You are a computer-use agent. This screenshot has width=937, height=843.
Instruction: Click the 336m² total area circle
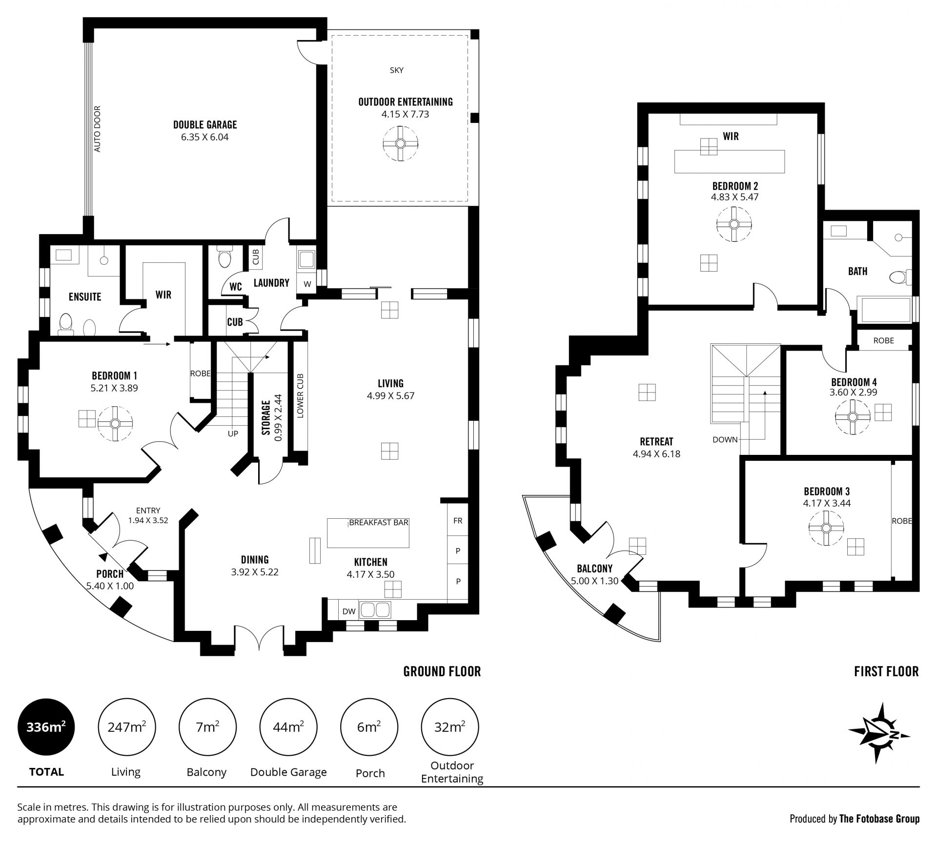tap(46, 727)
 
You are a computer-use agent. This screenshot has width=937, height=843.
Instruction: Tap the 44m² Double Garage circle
tap(288, 727)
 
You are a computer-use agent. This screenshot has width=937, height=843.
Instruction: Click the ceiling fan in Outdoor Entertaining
tap(401, 143)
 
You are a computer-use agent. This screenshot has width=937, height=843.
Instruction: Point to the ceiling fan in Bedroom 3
tap(826, 528)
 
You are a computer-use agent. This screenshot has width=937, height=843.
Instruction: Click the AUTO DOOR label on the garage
tap(97, 129)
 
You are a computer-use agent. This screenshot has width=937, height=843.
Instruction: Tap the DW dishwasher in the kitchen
tap(348, 611)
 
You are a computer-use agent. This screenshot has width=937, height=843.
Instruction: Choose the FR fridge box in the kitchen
tap(458, 520)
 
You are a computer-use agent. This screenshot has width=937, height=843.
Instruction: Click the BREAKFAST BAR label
tap(379, 523)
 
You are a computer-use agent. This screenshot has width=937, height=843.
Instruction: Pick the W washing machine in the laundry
tap(307, 284)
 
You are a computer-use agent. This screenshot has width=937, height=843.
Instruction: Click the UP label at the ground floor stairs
tap(233, 433)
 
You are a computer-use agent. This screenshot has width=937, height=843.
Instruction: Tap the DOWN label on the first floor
tap(725, 439)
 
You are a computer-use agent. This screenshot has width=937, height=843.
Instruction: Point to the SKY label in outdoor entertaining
tap(397, 70)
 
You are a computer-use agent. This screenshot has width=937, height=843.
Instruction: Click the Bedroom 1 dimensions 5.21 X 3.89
tap(115, 389)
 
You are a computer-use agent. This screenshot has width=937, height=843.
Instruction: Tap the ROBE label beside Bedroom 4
tap(884, 340)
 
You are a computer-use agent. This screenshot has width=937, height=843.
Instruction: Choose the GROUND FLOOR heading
tap(442, 671)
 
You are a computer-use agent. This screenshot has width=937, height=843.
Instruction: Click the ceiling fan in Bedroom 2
tap(734, 224)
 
